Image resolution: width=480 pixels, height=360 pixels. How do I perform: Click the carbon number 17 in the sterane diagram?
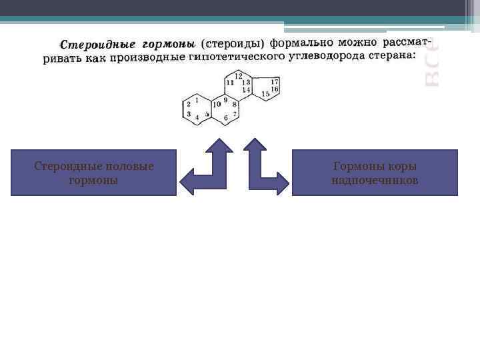point(275,81)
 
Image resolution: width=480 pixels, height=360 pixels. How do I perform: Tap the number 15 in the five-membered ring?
point(265,94)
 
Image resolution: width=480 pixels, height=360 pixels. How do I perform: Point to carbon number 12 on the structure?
point(238,75)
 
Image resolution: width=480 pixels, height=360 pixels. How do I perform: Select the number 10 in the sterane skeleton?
point(217,104)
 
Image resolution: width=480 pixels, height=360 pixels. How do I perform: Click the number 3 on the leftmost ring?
point(189,114)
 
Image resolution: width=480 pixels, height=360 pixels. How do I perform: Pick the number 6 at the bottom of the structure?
point(226,118)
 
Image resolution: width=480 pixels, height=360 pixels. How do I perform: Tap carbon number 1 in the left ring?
point(197,100)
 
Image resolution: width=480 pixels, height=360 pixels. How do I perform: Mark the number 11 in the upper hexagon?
point(230,82)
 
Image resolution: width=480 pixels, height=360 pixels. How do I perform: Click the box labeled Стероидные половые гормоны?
point(94,173)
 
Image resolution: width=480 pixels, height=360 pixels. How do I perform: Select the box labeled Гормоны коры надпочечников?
point(375,173)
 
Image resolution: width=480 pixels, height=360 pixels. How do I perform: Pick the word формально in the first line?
point(301,43)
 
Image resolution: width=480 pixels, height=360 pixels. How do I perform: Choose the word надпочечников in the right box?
point(375,180)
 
